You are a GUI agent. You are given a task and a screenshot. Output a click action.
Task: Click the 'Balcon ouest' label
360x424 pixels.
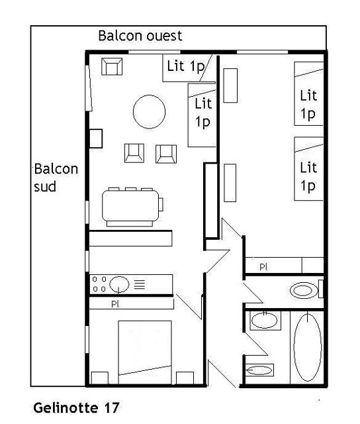(x=140, y=35)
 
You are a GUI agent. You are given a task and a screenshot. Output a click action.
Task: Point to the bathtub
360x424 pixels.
(x=306, y=346)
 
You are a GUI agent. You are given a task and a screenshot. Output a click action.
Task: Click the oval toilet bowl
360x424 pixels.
(x=304, y=290)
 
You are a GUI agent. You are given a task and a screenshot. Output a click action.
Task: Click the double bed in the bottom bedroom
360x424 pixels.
(x=145, y=348)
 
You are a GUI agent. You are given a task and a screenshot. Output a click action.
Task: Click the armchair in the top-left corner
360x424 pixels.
(x=111, y=66)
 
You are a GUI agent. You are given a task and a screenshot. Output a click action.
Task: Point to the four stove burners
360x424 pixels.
(x=99, y=285)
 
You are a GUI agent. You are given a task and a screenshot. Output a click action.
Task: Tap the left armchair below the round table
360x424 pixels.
(x=134, y=153)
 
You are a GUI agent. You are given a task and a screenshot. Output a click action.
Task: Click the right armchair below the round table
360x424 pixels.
(x=165, y=153)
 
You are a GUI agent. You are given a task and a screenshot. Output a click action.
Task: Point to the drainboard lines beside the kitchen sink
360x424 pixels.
(x=140, y=285)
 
